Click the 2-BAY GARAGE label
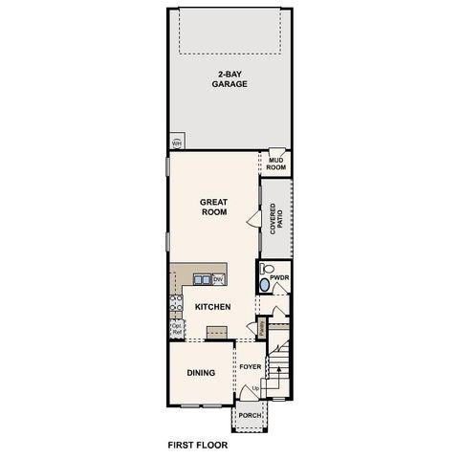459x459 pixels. [229, 79]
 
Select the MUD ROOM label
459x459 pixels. [276, 164]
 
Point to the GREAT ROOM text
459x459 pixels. [212, 207]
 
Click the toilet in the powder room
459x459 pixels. [268, 269]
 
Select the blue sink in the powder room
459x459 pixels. [264, 284]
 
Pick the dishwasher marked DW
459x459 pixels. [218, 279]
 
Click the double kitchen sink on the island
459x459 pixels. [202, 279]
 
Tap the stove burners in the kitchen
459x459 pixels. [176, 305]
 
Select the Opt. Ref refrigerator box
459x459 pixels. [176, 328]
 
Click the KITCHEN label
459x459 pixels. [212, 307]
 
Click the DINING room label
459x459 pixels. [200, 373]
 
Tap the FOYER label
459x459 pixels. [251, 366]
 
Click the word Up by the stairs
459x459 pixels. [255, 387]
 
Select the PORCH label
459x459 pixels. [251, 416]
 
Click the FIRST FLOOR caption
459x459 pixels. [198, 445]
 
